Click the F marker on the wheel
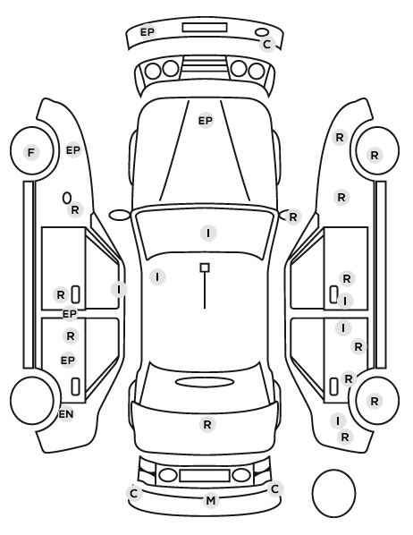tap(31, 152)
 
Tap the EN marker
tap(66, 414)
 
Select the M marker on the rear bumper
tap(211, 500)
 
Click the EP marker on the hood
tap(206, 121)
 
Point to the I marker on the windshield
tap(208, 233)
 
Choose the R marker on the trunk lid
tap(207, 424)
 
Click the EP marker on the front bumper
tap(147, 32)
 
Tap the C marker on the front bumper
tap(267, 44)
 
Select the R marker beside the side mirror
tap(293, 217)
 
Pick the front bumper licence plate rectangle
tap(205, 28)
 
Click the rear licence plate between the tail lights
tap(205, 476)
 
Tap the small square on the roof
tap(205, 267)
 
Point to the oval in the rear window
tap(205, 378)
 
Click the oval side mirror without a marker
tap(110, 216)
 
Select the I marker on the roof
tap(157, 276)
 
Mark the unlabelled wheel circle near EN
tap(11, 400)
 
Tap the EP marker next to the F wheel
tap(73, 150)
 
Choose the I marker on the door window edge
tap(119, 290)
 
